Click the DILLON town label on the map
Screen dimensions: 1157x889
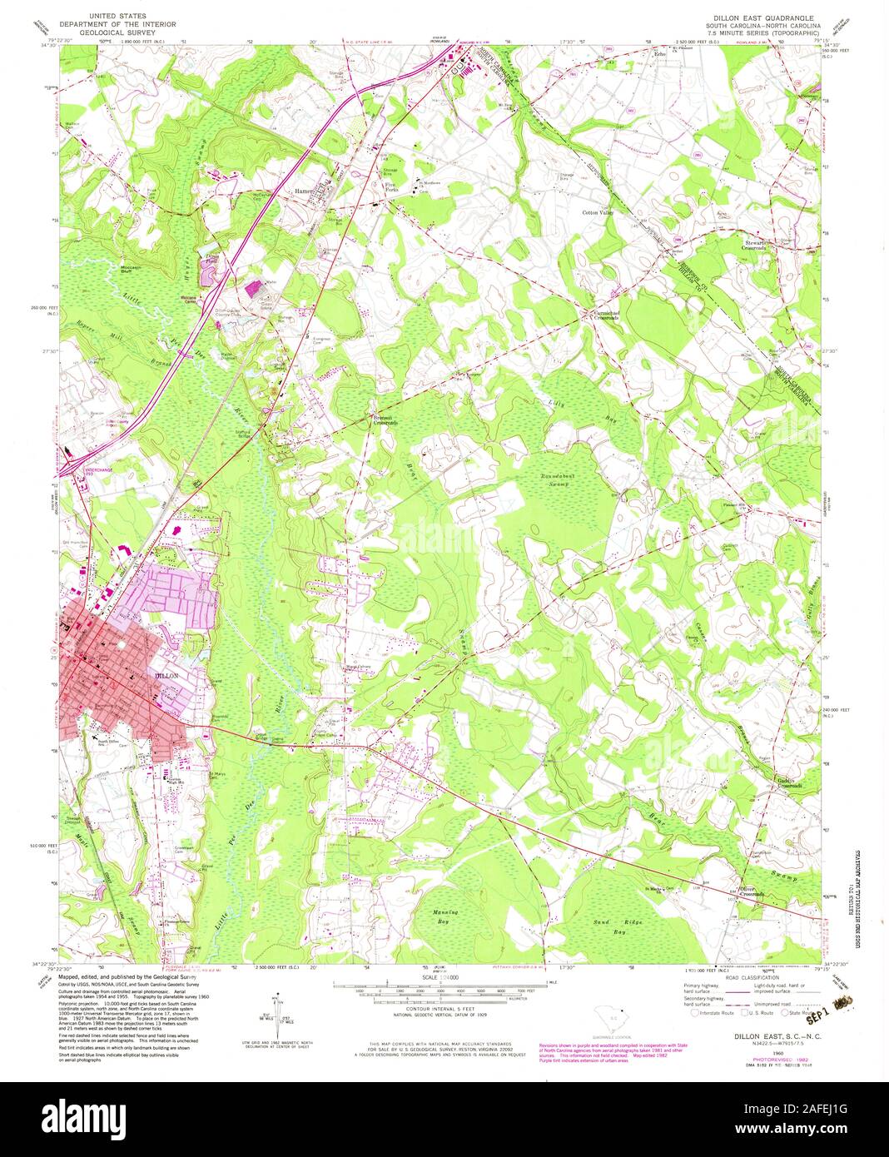[x=167, y=677]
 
